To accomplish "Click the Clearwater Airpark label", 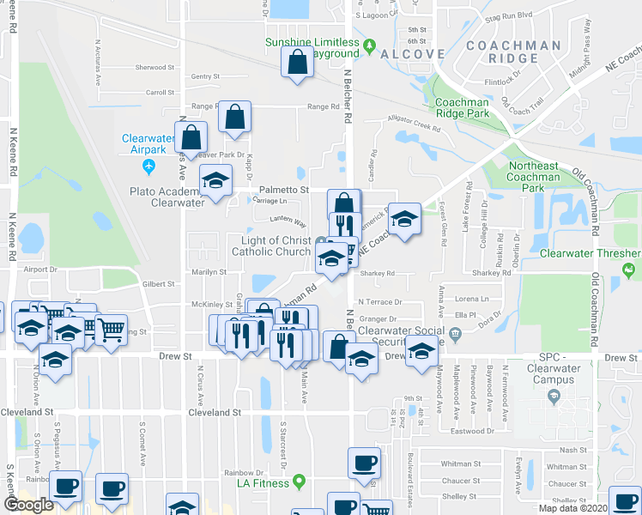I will tap(149, 143).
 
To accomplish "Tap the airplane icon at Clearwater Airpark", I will tap(150, 164).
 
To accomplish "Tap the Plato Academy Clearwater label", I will tap(167, 197).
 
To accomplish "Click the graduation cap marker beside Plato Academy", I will tap(215, 181).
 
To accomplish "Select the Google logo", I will tap(29, 505).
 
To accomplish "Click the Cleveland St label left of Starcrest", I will tap(213, 413).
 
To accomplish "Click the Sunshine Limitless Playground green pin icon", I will tap(370, 45).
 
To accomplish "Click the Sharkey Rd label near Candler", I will tap(377, 275).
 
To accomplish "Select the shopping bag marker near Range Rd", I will tap(233, 117).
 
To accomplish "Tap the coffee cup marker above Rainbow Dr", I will tap(363, 463).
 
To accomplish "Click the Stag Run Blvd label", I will tap(508, 15).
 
